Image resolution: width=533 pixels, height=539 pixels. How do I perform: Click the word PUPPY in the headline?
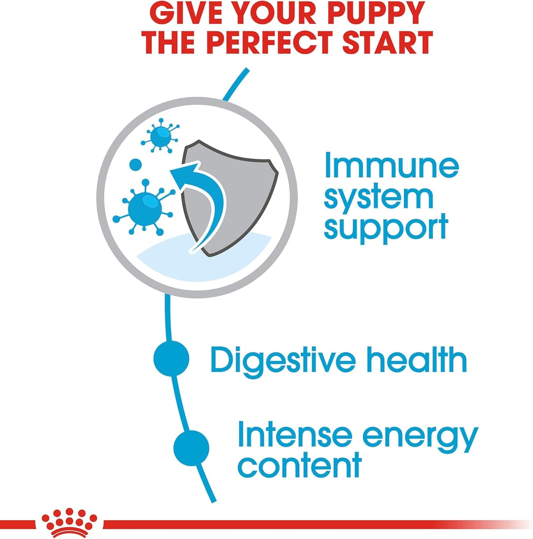pos(371,13)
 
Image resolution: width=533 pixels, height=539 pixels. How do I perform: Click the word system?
pos(379,198)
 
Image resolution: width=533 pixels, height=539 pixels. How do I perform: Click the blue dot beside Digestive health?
pos(171,359)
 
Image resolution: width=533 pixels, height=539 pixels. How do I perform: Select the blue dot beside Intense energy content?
pos(191,448)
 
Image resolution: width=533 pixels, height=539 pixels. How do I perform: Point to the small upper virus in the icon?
pos(160,135)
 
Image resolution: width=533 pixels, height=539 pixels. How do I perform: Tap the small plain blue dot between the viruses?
pos(135,165)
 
